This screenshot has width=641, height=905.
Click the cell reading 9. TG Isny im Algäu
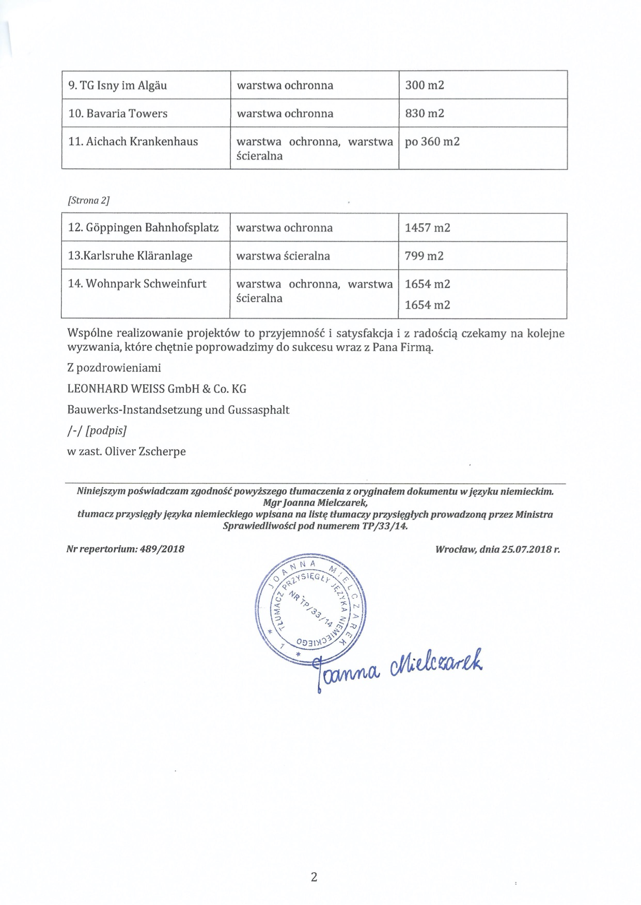118,85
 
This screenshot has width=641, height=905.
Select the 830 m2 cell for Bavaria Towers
425,114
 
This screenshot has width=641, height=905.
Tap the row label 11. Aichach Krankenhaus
133,141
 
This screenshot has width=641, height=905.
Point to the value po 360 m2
432,141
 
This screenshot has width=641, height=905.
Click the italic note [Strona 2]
89,201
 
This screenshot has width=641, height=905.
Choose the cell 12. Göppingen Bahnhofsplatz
144,228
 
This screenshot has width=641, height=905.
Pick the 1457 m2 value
427,228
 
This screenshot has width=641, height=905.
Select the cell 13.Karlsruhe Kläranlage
130,256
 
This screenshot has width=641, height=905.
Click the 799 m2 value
424,256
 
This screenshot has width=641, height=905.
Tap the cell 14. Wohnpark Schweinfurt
137,284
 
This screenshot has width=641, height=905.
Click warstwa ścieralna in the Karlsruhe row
283,256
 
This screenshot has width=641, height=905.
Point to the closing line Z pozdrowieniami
114,368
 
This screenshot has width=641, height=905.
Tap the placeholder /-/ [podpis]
97,431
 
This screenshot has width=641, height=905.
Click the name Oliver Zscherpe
145,451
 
